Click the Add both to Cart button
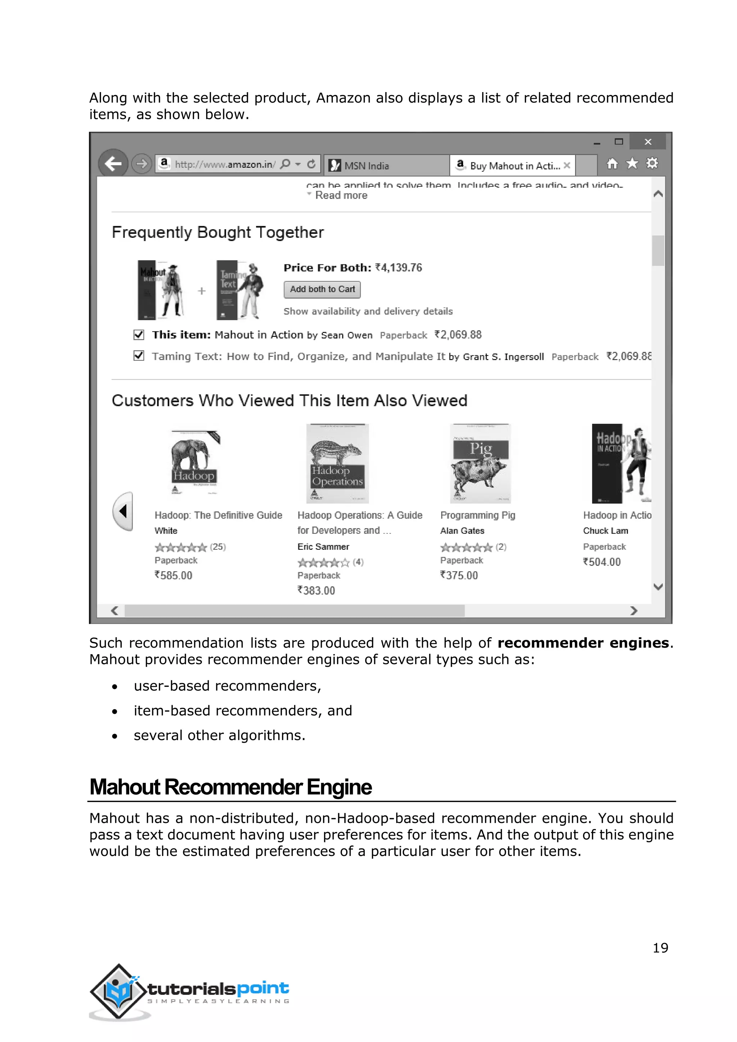tap(322, 290)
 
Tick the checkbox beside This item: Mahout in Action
tap(139, 335)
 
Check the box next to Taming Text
tap(139, 356)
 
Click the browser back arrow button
tap(113, 163)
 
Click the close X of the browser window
tap(648, 142)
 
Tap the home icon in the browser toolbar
tap(612, 163)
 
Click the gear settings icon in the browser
tap(652, 163)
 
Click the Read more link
tap(341, 196)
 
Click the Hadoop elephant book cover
tap(194, 463)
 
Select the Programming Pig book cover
tap(480, 463)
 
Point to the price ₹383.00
tap(316, 590)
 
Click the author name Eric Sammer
tap(323, 547)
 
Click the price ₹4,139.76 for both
tap(398, 268)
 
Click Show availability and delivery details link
tap(368, 311)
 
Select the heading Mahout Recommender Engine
tap(231, 787)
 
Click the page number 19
tap(660, 948)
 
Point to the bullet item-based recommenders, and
tap(243, 710)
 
